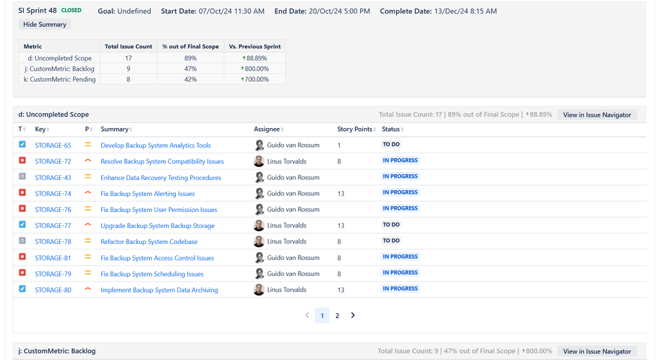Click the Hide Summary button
[x=45, y=25]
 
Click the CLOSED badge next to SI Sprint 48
[x=71, y=11]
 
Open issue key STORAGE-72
[x=53, y=161]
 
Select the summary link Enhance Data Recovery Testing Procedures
[x=161, y=177]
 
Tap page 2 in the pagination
[x=337, y=315]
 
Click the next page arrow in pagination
[x=353, y=315]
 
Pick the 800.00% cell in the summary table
[x=255, y=69]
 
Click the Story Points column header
[x=356, y=129]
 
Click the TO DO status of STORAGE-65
[x=391, y=145]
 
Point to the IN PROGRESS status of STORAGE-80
[x=400, y=289]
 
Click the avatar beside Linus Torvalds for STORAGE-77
[x=259, y=225]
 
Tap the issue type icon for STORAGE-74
[x=23, y=193]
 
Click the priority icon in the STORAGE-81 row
[x=87, y=257]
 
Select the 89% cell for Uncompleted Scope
[x=191, y=58]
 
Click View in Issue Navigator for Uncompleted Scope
[x=597, y=115]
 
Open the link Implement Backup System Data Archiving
[x=159, y=290]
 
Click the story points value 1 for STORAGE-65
[x=339, y=145]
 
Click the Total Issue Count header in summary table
[x=129, y=47]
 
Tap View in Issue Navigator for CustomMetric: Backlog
[x=597, y=351]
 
